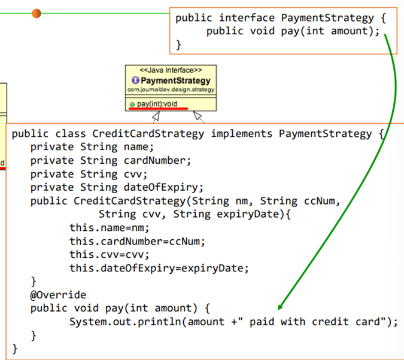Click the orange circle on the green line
37,13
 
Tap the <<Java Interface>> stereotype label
171,71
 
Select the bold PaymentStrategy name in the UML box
174,81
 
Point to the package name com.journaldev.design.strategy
171,90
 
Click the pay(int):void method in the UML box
157,104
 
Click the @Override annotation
58,295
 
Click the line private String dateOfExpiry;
117,187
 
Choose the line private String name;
92,147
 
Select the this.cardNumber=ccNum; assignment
137,241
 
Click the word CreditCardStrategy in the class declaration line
148,133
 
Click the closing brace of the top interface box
178,44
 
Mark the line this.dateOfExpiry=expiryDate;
159,268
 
